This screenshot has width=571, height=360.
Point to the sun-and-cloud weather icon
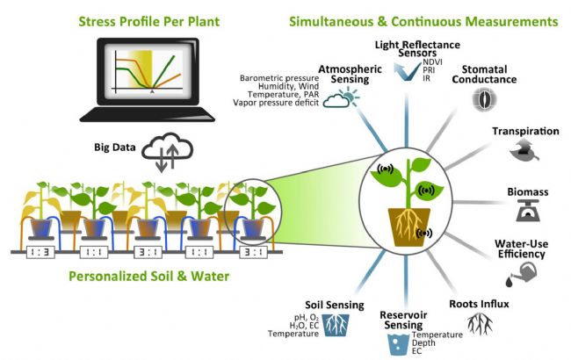coord(336,99)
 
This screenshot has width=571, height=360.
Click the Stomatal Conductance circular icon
coord(480,99)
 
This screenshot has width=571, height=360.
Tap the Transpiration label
coord(525,132)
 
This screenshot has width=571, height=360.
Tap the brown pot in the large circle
coord(404,212)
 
